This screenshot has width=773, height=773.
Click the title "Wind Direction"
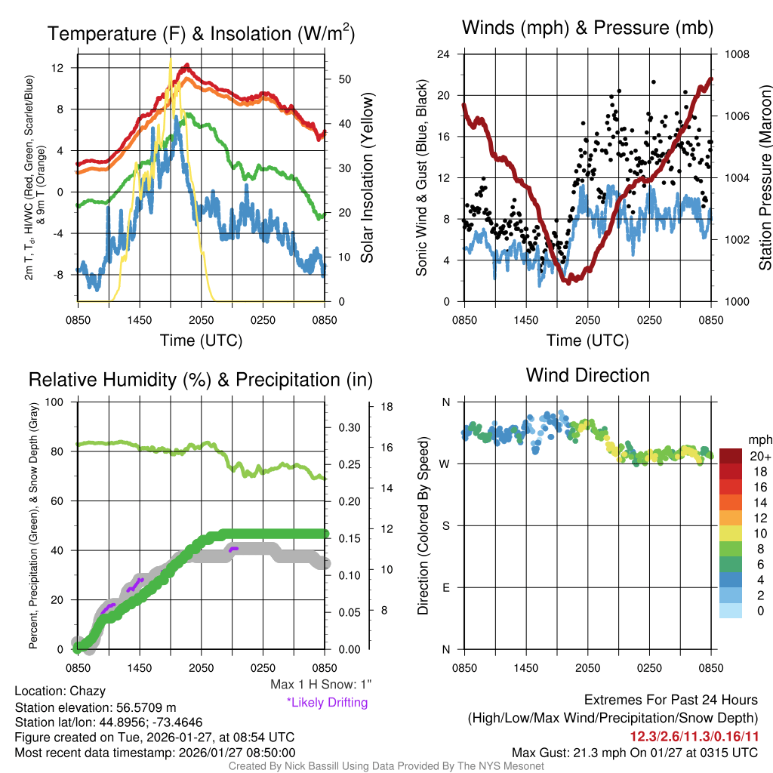click(x=587, y=375)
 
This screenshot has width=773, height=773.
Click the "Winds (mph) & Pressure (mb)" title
click(x=587, y=29)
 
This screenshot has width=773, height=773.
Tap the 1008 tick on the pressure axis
click(x=735, y=54)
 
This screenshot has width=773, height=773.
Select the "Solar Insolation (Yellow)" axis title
click(x=368, y=177)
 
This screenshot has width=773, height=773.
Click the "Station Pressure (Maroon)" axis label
click(x=765, y=177)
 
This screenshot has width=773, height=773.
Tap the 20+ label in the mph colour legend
click(x=759, y=457)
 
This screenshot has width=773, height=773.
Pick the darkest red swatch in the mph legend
click(x=731, y=456)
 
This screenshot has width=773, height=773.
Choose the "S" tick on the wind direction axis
click(x=445, y=525)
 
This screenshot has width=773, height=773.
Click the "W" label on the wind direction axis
click(x=445, y=463)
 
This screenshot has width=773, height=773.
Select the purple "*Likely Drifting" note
click(x=327, y=702)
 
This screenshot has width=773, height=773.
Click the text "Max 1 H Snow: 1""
click(x=322, y=685)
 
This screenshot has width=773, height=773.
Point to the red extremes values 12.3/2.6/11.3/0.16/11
click(x=694, y=735)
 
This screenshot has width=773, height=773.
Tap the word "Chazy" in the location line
click(x=88, y=691)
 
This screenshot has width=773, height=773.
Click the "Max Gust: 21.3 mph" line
click(x=634, y=753)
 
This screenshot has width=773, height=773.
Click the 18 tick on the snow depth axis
click(x=387, y=407)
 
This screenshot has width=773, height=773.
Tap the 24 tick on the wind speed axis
click(x=445, y=54)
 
